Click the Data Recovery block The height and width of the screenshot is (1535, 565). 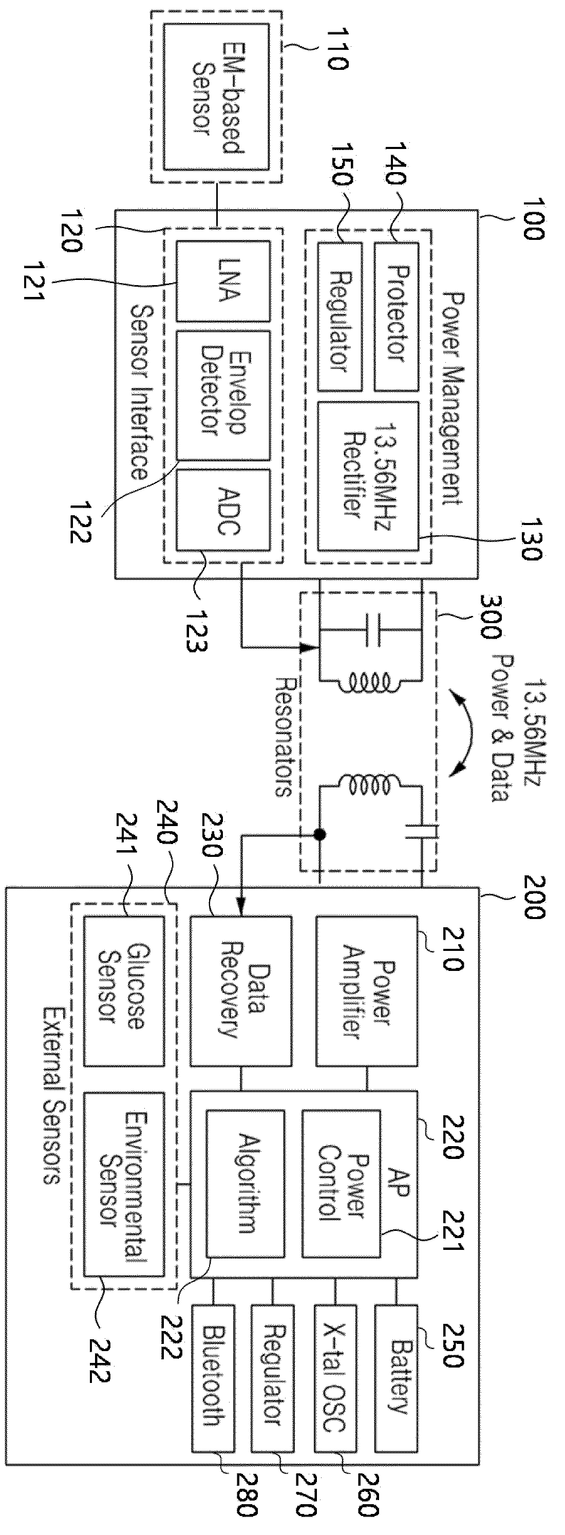pos(241,990)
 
